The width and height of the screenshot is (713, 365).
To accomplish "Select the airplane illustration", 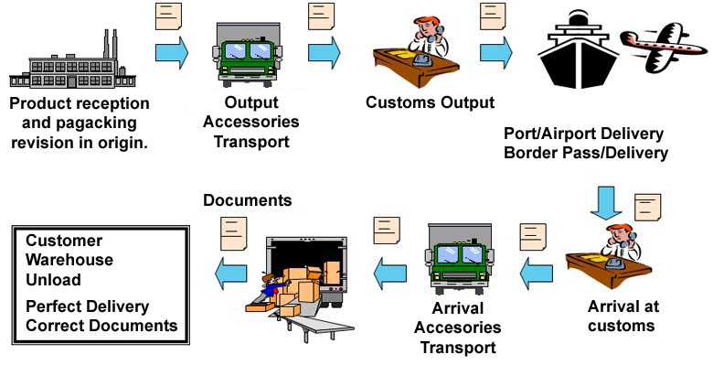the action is pos(665,47).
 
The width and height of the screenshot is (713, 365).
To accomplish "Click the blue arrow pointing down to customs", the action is pos(606,203).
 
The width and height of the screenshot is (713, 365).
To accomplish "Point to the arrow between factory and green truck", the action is pos(172,53).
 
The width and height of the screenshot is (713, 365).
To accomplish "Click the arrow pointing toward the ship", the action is pos(496,53).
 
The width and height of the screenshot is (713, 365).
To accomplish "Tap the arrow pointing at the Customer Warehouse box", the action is pos(231,274).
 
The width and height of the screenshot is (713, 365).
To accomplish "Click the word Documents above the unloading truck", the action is pos(248,200).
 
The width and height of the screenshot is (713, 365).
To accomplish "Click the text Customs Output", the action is pos(430,102).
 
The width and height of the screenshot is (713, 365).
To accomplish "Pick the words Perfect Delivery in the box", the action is pos(88,306).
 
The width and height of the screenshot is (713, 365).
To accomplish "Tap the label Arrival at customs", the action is pos(623,316).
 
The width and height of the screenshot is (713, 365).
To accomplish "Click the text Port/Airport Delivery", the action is pos(583,134).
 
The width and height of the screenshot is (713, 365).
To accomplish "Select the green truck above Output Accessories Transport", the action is pos(247,56).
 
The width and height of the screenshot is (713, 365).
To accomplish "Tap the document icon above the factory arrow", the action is pos(169,16).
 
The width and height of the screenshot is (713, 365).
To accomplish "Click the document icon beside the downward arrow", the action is pos(647,207).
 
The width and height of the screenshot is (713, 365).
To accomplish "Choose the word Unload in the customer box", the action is pos(53,279).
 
